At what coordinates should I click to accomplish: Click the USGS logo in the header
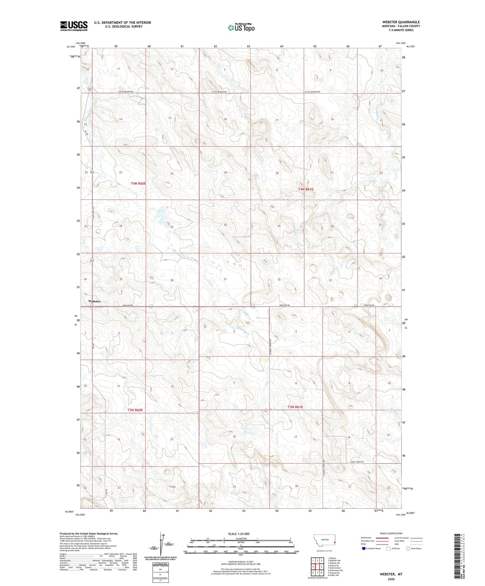coord(74,26)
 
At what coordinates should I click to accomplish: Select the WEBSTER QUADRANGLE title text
coord(401,22)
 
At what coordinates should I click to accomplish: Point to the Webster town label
coord(94,301)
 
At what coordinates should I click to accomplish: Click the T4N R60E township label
coord(138,183)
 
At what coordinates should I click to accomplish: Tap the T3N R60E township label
coord(135,410)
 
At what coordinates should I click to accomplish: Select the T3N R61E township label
coord(295,407)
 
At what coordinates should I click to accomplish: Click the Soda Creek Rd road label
coord(357,462)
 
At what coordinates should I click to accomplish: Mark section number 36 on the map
coord(172,280)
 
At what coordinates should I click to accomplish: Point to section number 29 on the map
coord(279,226)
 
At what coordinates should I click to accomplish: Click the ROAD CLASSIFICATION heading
coord(391,533)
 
